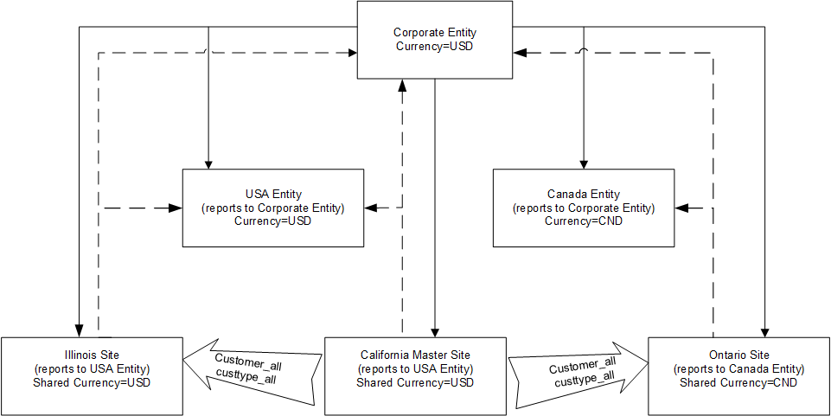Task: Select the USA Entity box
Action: pos(272,208)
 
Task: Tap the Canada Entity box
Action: pos(584,208)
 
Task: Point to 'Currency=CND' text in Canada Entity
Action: pos(584,221)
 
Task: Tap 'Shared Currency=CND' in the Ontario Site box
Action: pos(738,382)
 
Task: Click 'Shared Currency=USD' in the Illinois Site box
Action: pos(92,382)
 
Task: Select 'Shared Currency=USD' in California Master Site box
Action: pos(416,382)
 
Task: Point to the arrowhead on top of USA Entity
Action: pos(208,163)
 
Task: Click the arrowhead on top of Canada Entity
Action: pos(584,163)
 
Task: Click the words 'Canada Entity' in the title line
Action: pos(584,195)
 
